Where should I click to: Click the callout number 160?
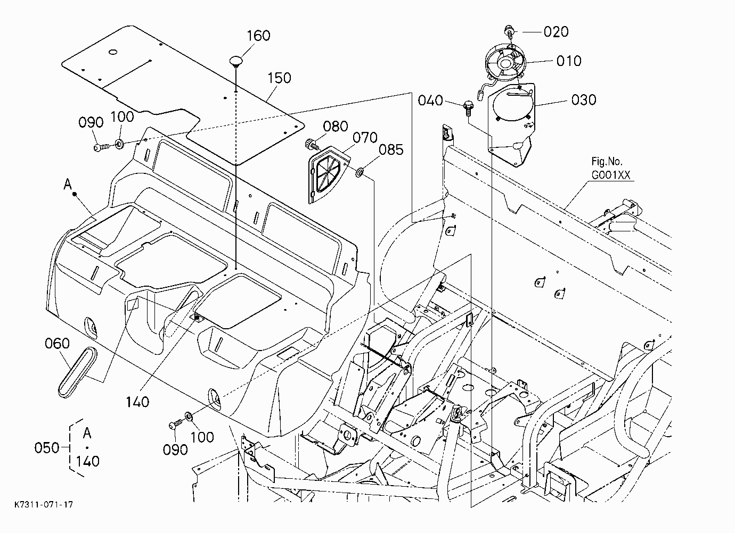coord(258,36)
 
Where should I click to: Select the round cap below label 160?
coord(236,61)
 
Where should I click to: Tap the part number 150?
coord(279,78)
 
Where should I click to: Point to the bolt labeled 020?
coord(509,32)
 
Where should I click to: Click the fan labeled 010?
coord(505,62)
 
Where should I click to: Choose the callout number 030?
coord(584,100)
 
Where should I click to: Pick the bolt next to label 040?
coord(468,108)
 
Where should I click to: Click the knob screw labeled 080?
coord(312,144)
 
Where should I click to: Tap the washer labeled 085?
coord(360,172)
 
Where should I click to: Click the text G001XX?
coord(611,175)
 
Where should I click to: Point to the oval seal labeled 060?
coord(77,372)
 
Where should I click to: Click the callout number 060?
coord(57,344)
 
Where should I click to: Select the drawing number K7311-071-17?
coord(43,504)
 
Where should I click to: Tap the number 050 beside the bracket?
coord(46,448)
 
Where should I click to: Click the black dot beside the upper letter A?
coord(75,194)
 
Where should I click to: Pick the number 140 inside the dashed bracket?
coord(87,462)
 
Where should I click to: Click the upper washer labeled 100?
coord(119,144)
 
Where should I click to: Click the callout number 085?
coord(391,150)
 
